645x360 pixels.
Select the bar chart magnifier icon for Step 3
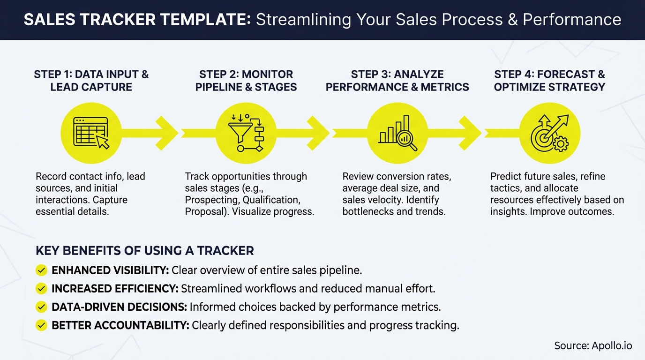397,133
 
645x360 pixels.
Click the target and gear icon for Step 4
549,133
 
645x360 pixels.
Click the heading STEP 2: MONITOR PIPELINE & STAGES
246,81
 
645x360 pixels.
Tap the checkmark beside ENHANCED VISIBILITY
41,270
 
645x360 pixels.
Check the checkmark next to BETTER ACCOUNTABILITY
41,325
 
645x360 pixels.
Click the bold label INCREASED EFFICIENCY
114,289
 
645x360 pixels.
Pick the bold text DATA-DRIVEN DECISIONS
119,307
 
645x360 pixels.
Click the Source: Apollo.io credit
592,346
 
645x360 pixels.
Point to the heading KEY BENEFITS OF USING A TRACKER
144,251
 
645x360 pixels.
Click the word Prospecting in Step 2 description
210,200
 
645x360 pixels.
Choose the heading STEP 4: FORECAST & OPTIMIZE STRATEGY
549,81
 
